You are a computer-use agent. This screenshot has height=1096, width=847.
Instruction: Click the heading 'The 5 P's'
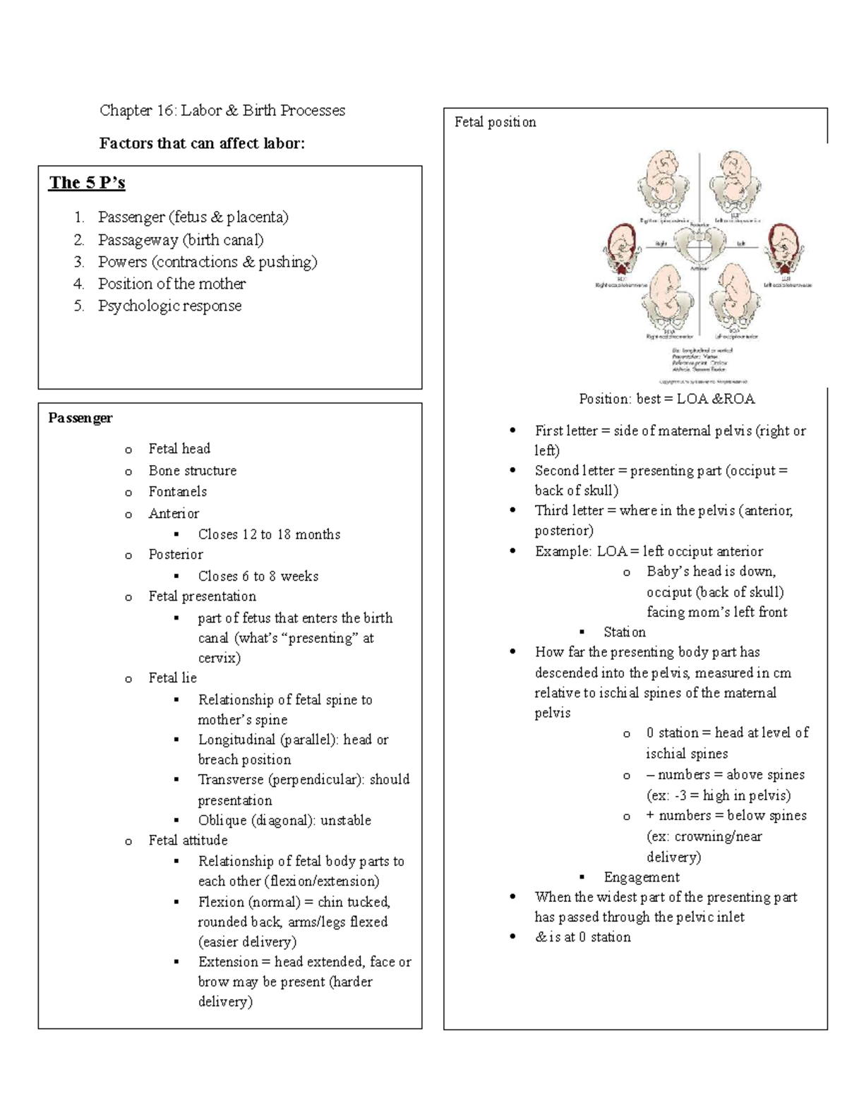coord(87,183)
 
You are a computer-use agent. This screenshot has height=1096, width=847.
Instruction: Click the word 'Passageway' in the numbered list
coord(138,240)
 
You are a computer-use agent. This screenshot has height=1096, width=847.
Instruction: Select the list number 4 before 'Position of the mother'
coord(78,284)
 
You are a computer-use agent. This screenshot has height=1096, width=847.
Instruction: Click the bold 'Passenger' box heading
coord(80,418)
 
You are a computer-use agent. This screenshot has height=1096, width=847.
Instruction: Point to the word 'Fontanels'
coord(177,491)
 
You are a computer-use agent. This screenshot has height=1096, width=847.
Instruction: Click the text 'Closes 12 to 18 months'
coord(269,534)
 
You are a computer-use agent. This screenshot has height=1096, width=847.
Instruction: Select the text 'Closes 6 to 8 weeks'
coord(258,576)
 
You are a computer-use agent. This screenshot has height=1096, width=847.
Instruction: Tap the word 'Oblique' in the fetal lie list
coord(222,820)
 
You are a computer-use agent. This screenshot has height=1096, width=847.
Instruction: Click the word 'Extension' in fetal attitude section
coord(228,961)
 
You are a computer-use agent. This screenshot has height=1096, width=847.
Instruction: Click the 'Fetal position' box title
coord(495,122)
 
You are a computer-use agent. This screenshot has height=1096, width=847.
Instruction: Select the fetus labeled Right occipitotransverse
coord(622,251)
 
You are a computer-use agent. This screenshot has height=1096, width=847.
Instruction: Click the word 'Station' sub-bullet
coord(624,632)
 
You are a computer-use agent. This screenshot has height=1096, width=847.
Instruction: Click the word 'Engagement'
coord(641,877)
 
